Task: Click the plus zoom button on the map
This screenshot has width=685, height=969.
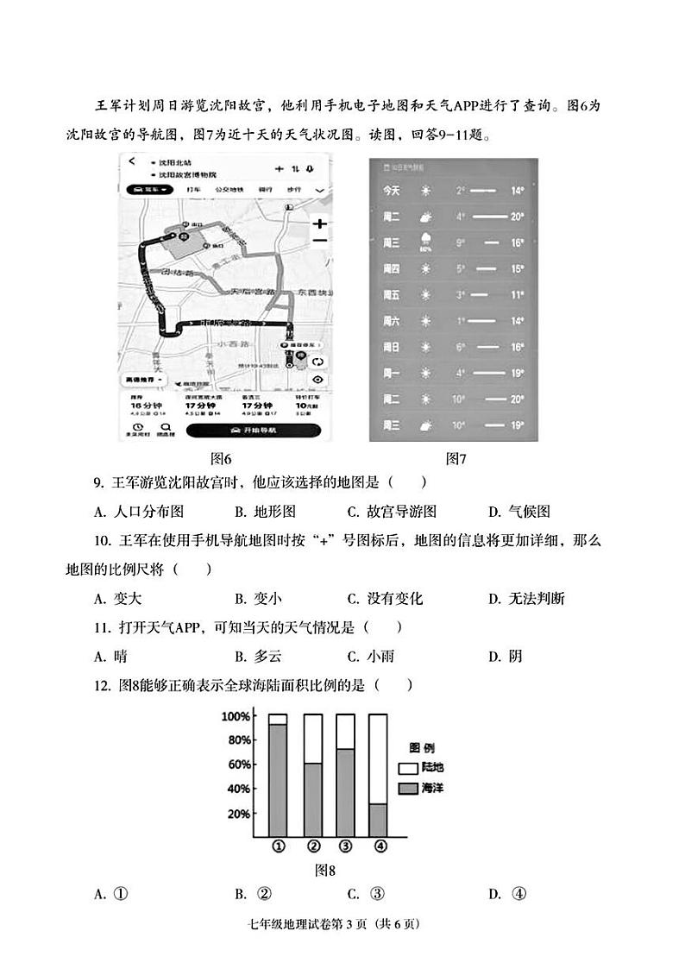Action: pyautogui.click(x=319, y=223)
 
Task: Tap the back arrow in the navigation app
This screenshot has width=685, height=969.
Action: pyautogui.click(x=132, y=162)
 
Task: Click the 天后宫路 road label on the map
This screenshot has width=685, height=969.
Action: pyautogui.click(x=244, y=294)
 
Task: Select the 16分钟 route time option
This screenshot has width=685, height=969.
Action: pyautogui.click(x=141, y=405)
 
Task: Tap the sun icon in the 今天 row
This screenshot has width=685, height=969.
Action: pyautogui.click(x=425, y=190)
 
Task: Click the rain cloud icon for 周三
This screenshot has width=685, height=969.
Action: pyautogui.click(x=425, y=242)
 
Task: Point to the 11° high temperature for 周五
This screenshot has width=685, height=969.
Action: pyautogui.click(x=517, y=295)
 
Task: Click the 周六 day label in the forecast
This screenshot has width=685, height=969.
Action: pyautogui.click(x=391, y=321)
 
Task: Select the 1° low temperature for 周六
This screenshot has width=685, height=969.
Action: pyautogui.click(x=461, y=321)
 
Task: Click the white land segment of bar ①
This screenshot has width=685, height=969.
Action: pyautogui.click(x=278, y=719)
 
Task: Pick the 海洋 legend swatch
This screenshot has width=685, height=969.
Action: pyautogui.click(x=406, y=788)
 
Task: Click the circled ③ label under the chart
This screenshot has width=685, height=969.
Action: pyautogui.click(x=345, y=846)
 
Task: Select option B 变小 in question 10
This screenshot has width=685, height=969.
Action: pyautogui.click(x=258, y=598)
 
